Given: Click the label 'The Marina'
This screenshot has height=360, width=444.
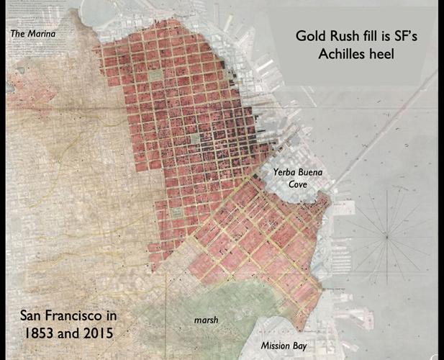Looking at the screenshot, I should coord(32,34).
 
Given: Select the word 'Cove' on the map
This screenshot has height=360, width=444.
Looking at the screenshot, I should coord(298,184).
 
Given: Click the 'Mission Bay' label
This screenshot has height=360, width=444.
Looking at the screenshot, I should coord(284,346).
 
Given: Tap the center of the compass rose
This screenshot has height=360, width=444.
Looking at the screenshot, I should coord(386,236).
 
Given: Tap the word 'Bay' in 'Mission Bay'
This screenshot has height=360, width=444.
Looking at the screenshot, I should coord(299,346).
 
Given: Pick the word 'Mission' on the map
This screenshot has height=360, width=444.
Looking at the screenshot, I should coord(275,346).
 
